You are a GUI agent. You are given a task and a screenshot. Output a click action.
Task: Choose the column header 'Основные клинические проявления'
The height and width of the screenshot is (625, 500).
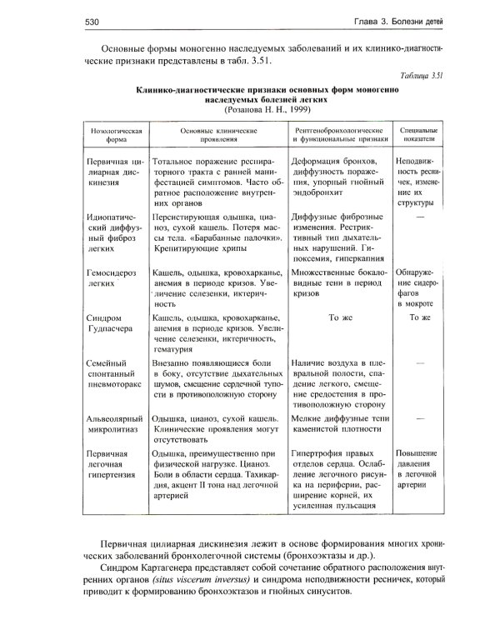click(x=218, y=137)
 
